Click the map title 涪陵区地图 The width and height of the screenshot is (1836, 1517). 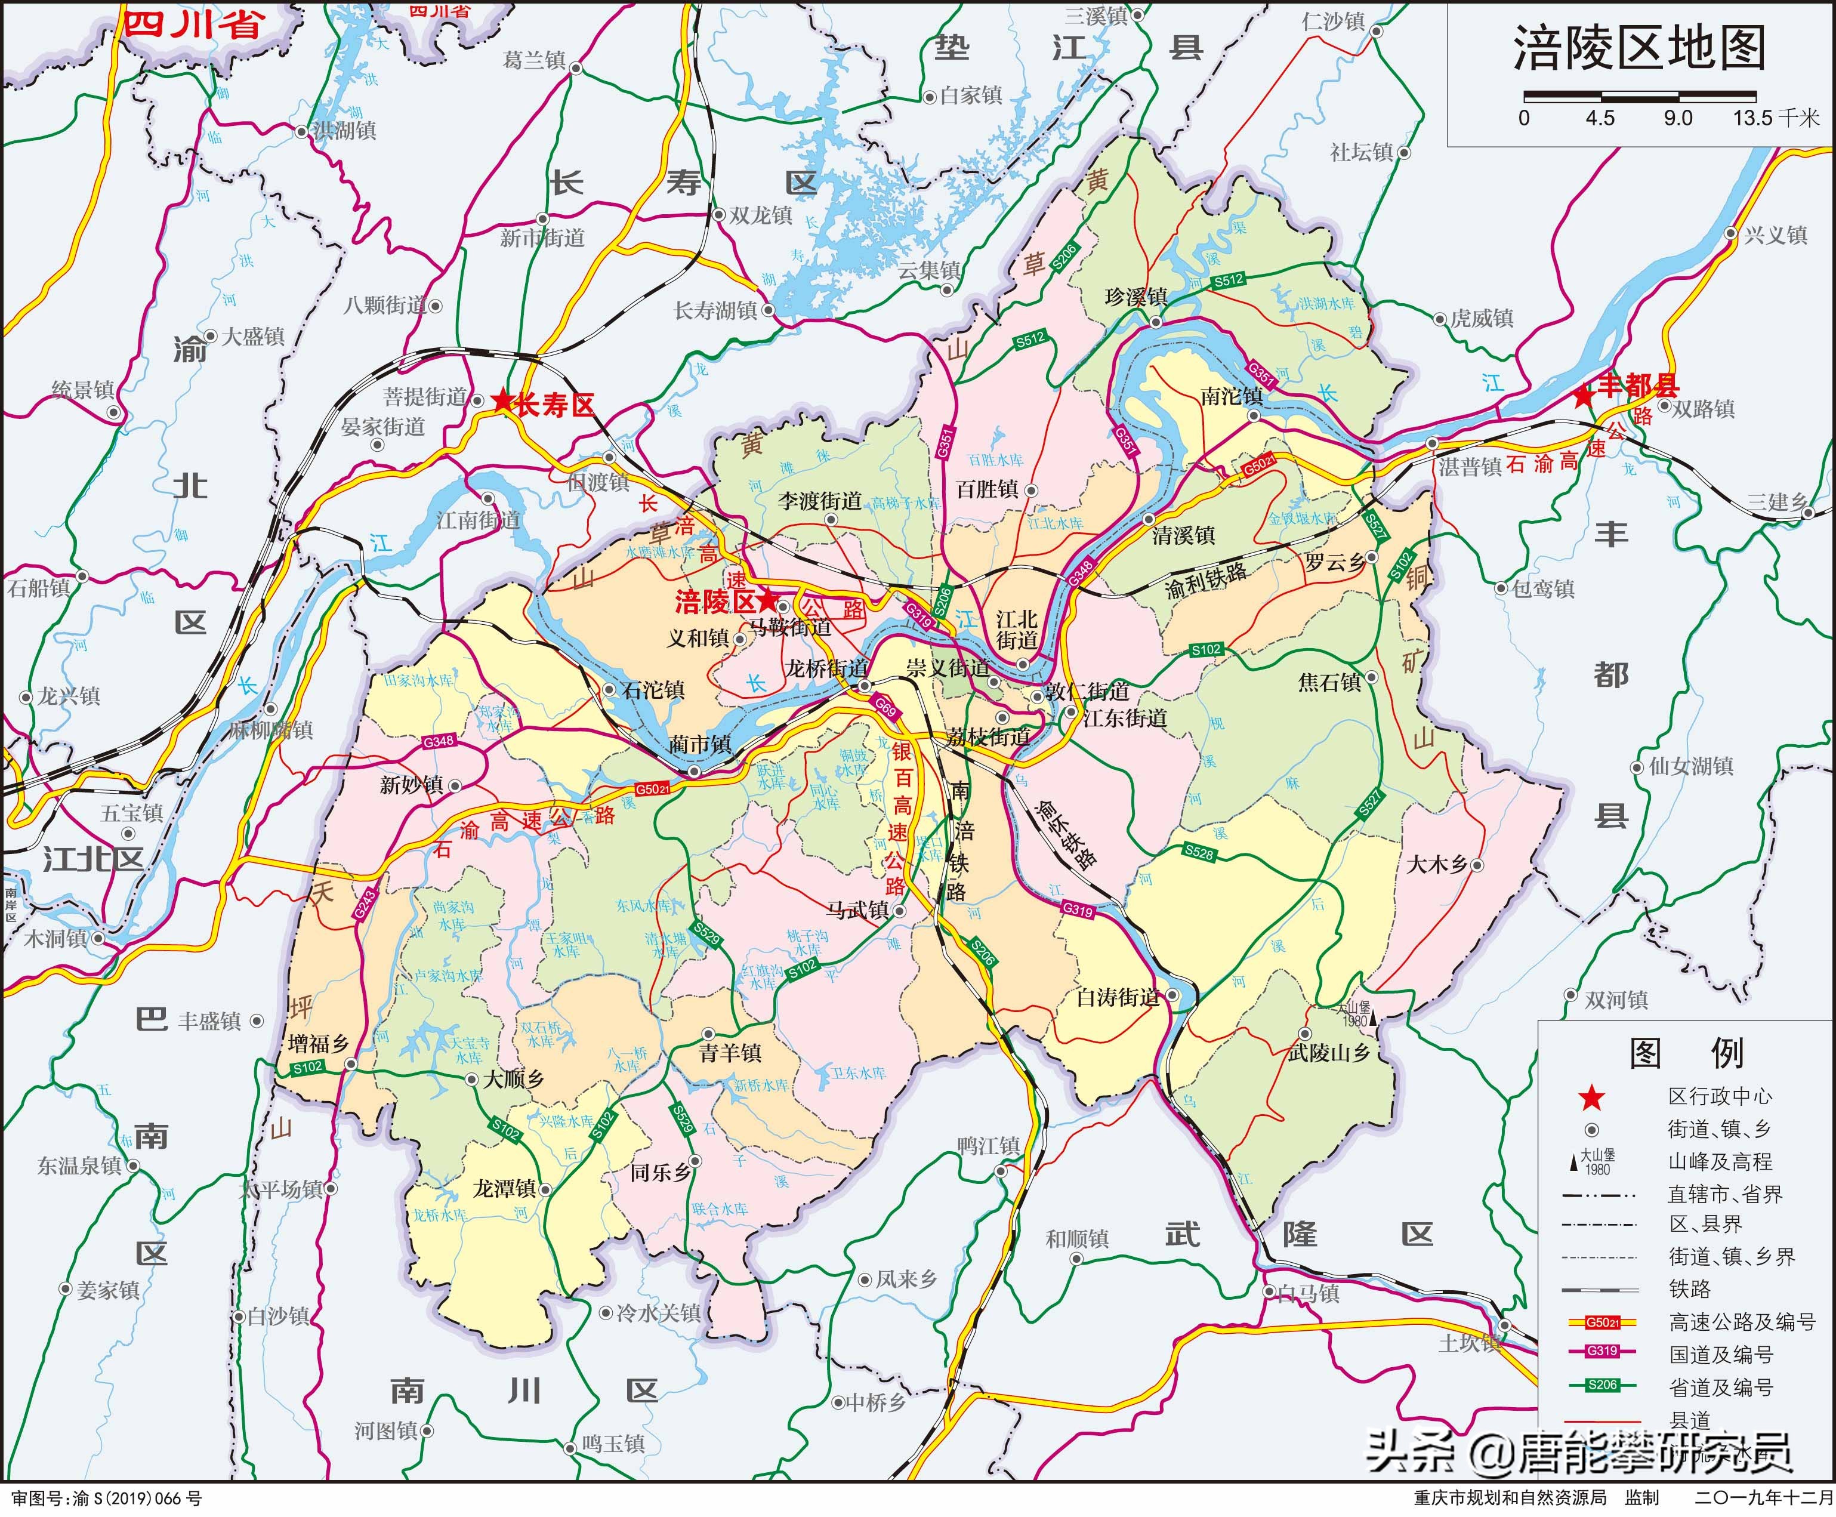pos(1639,49)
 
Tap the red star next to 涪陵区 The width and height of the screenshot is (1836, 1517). pos(768,600)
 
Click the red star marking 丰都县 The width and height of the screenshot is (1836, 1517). pos(1582,396)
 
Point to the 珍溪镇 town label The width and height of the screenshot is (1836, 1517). pos(1135,297)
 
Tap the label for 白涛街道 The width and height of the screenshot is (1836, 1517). pos(1117,997)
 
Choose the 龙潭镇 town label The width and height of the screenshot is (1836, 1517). pos(504,1188)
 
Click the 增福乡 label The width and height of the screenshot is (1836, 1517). pos(318,1043)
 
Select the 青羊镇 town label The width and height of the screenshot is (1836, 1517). pos(730,1053)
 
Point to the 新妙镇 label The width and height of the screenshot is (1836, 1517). pos(411,785)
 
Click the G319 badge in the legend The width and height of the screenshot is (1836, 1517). pos(1602,1351)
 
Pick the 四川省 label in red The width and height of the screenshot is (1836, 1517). pos(192,24)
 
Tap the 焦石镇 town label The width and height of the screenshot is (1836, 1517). pos(1329,682)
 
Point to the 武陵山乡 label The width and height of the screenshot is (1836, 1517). pos(1328,1053)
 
